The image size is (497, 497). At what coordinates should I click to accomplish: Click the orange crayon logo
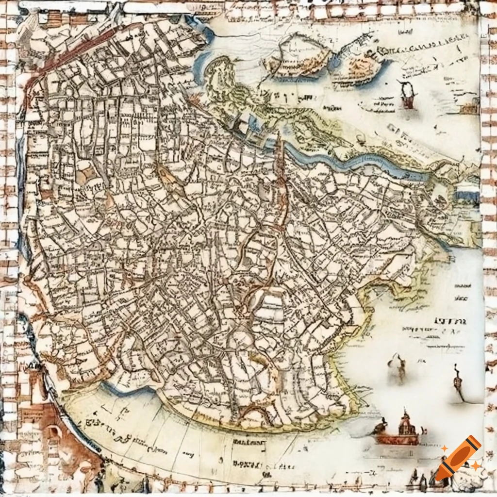[x=458, y=458]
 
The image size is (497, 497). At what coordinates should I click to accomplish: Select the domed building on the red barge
[x=406, y=427]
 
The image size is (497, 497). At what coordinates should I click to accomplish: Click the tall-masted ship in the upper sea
[x=407, y=95]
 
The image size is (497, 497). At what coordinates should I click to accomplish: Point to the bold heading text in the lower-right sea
[x=449, y=321]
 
